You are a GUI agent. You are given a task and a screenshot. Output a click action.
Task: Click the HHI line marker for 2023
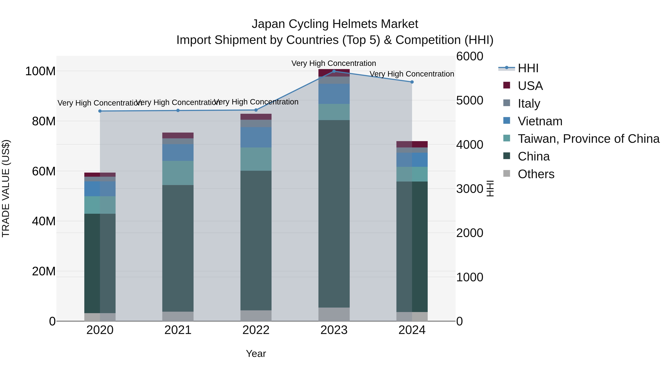pos(334,71)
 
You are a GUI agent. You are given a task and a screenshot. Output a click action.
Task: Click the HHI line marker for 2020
pos(100,111)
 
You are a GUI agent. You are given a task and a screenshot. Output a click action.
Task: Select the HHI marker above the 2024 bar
pos(412,82)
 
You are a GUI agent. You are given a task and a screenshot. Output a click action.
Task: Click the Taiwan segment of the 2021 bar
pos(178,173)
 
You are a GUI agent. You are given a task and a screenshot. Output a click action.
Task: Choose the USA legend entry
pos(530,86)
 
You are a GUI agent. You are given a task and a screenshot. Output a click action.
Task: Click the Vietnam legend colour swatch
pos(506,121)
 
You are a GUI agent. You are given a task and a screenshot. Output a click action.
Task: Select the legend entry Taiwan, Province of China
pos(588,139)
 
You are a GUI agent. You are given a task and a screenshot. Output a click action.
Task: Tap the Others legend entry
pos(536,174)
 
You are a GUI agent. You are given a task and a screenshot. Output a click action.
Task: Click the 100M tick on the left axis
pos(40,71)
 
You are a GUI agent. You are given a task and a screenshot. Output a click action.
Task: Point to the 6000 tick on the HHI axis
pos(470,56)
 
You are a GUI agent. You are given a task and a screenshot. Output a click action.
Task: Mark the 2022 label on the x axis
pos(256,330)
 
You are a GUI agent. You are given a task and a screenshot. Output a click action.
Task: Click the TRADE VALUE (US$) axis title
pos(6,188)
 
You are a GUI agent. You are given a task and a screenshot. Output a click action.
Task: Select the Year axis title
pos(256,354)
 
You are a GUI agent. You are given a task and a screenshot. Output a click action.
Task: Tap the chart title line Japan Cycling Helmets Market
pos(335,24)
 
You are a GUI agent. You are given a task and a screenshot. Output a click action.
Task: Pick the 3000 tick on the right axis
pos(470,189)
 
